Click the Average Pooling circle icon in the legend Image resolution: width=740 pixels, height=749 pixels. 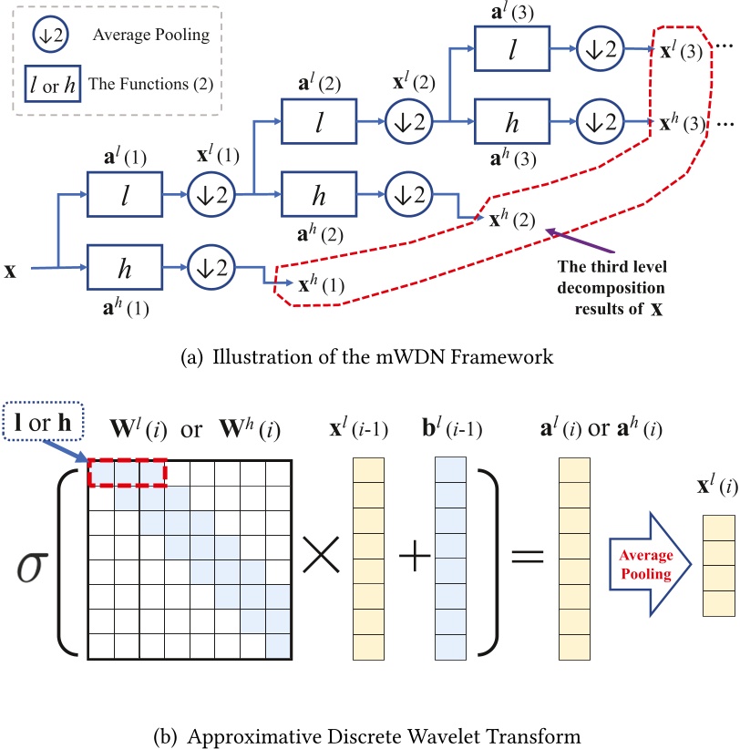(46, 35)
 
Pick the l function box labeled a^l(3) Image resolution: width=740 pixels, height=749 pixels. (512, 46)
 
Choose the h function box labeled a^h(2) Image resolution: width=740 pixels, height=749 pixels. (319, 193)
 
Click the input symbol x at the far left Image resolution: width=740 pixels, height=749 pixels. (10, 271)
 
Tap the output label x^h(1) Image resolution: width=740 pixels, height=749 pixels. (321, 284)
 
